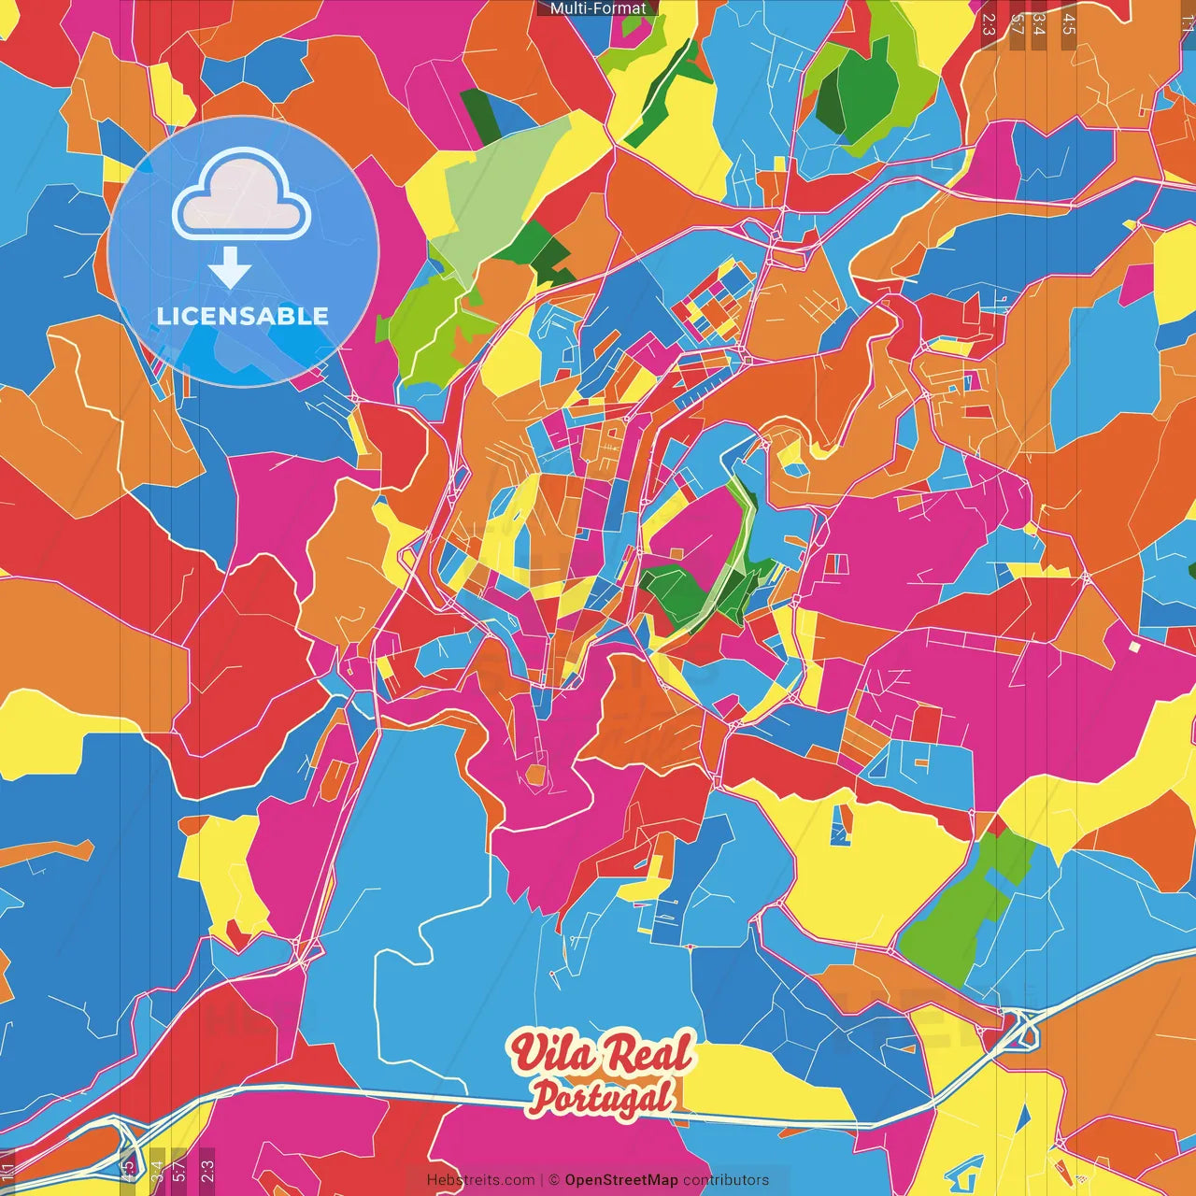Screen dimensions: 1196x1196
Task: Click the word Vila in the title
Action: (551, 1053)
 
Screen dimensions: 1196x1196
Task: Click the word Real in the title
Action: (648, 1053)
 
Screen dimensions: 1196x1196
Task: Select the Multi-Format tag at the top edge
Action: (598, 8)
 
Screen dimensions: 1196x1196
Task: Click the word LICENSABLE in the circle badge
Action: (243, 316)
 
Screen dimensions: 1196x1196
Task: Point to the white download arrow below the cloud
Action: (230, 268)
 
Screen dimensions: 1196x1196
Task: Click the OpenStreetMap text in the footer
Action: (621, 1180)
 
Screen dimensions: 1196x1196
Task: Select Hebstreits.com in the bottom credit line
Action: (480, 1180)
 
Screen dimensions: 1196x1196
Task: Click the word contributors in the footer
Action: (726, 1180)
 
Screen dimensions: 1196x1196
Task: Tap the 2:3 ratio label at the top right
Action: (989, 24)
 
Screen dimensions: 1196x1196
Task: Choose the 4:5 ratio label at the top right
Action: (1069, 24)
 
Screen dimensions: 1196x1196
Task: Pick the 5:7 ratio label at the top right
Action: (1016, 24)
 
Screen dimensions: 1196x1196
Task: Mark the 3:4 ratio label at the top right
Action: (1040, 24)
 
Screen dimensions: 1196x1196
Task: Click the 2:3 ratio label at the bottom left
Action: (207, 1171)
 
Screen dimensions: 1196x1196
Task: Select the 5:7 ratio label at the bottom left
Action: (179, 1171)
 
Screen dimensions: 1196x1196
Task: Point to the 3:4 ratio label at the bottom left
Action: (156, 1171)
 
